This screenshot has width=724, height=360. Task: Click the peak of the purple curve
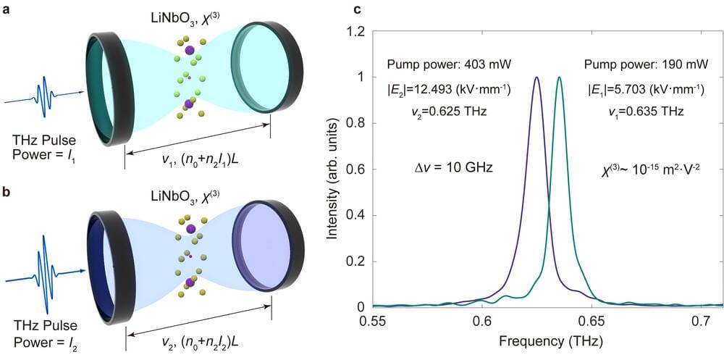pyautogui.click(x=536, y=78)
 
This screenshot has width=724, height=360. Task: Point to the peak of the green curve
pyautogui.click(x=559, y=78)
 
